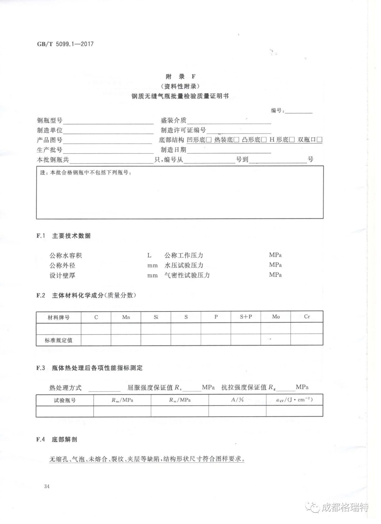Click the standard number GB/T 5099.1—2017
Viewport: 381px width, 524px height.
pos(65,44)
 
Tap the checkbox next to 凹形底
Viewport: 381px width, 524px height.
pos(209,140)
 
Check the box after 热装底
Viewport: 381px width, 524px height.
pos(237,140)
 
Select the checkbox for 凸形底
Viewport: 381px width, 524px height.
pos(264,140)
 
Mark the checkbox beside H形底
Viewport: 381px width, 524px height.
pos(292,140)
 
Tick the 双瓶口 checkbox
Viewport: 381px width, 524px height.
pos(320,140)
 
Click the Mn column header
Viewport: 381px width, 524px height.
pos(126,317)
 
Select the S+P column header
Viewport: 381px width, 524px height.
pos(246,317)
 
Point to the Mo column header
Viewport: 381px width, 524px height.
pos(276,317)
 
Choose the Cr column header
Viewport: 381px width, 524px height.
pos(307,316)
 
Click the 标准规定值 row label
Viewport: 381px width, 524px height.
pos(59,340)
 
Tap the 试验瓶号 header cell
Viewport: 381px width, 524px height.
pos(65,400)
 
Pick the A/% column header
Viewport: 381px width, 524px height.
pos(237,400)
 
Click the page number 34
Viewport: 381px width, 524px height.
pos(47,486)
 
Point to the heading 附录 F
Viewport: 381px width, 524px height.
pos(181,77)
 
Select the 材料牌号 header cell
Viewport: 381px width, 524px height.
pos(59,317)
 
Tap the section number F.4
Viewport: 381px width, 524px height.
pos(41,439)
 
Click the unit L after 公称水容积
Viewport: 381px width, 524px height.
pos(149,255)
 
